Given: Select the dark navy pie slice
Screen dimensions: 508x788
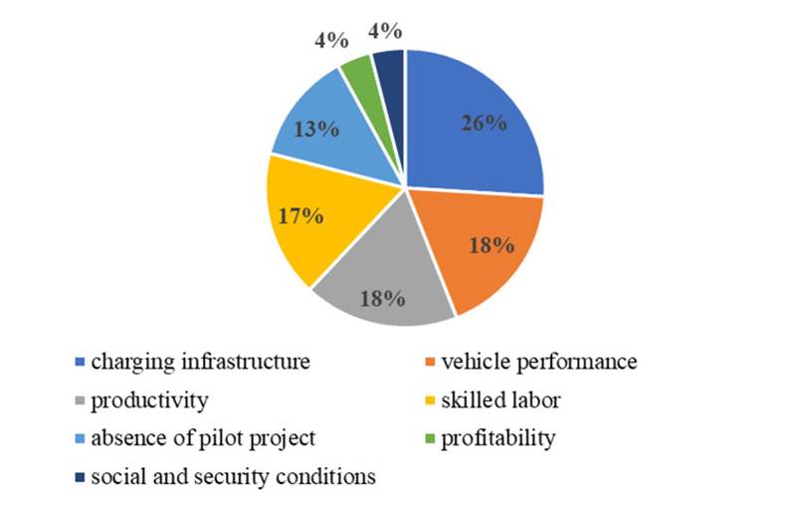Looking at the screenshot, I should [390, 70].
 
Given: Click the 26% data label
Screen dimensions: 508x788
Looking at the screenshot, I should [484, 125].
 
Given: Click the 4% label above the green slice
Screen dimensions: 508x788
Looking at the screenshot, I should [330, 41].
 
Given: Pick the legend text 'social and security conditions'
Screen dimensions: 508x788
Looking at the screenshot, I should [233, 477].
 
